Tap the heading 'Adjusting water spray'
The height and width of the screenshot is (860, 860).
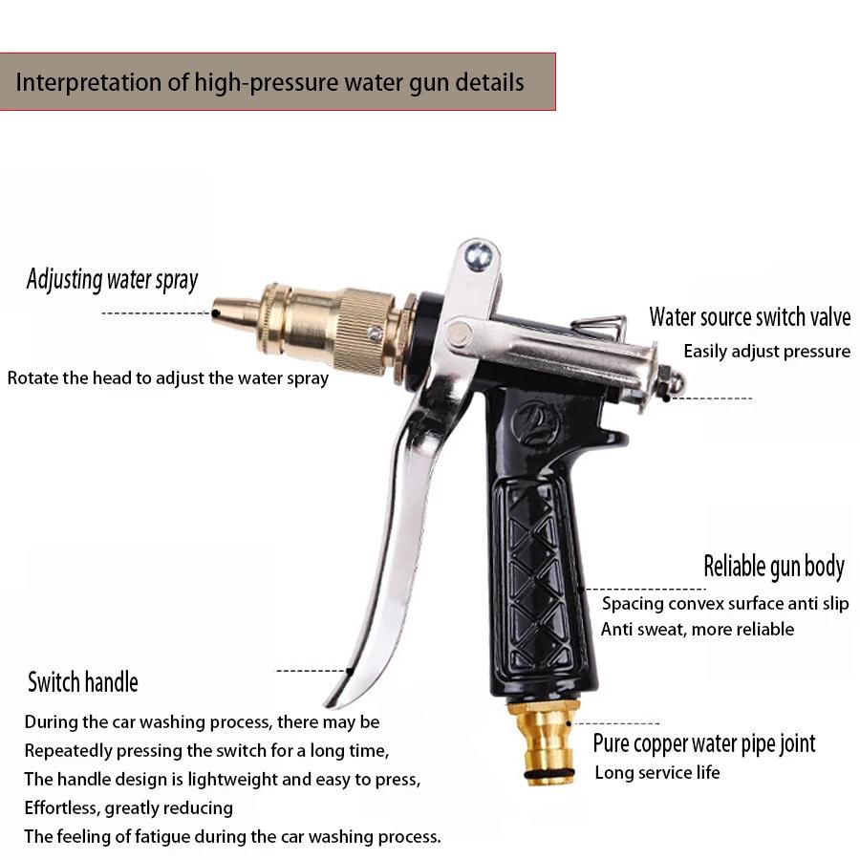click(112, 280)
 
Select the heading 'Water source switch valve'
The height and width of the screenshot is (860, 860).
click(749, 317)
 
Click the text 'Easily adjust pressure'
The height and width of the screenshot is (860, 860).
click(766, 352)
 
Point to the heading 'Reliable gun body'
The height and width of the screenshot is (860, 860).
click(774, 567)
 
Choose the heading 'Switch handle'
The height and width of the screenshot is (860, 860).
click(83, 682)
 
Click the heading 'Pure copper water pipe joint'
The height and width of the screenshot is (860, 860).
click(704, 743)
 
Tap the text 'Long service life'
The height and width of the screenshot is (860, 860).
click(657, 772)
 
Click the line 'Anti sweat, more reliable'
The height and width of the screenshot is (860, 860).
click(698, 629)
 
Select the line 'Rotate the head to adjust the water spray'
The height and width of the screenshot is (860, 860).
click(168, 377)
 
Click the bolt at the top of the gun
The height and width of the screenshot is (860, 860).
click(478, 255)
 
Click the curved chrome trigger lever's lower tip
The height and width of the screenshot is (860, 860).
click(339, 693)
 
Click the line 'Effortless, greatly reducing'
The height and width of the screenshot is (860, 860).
click(129, 808)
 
